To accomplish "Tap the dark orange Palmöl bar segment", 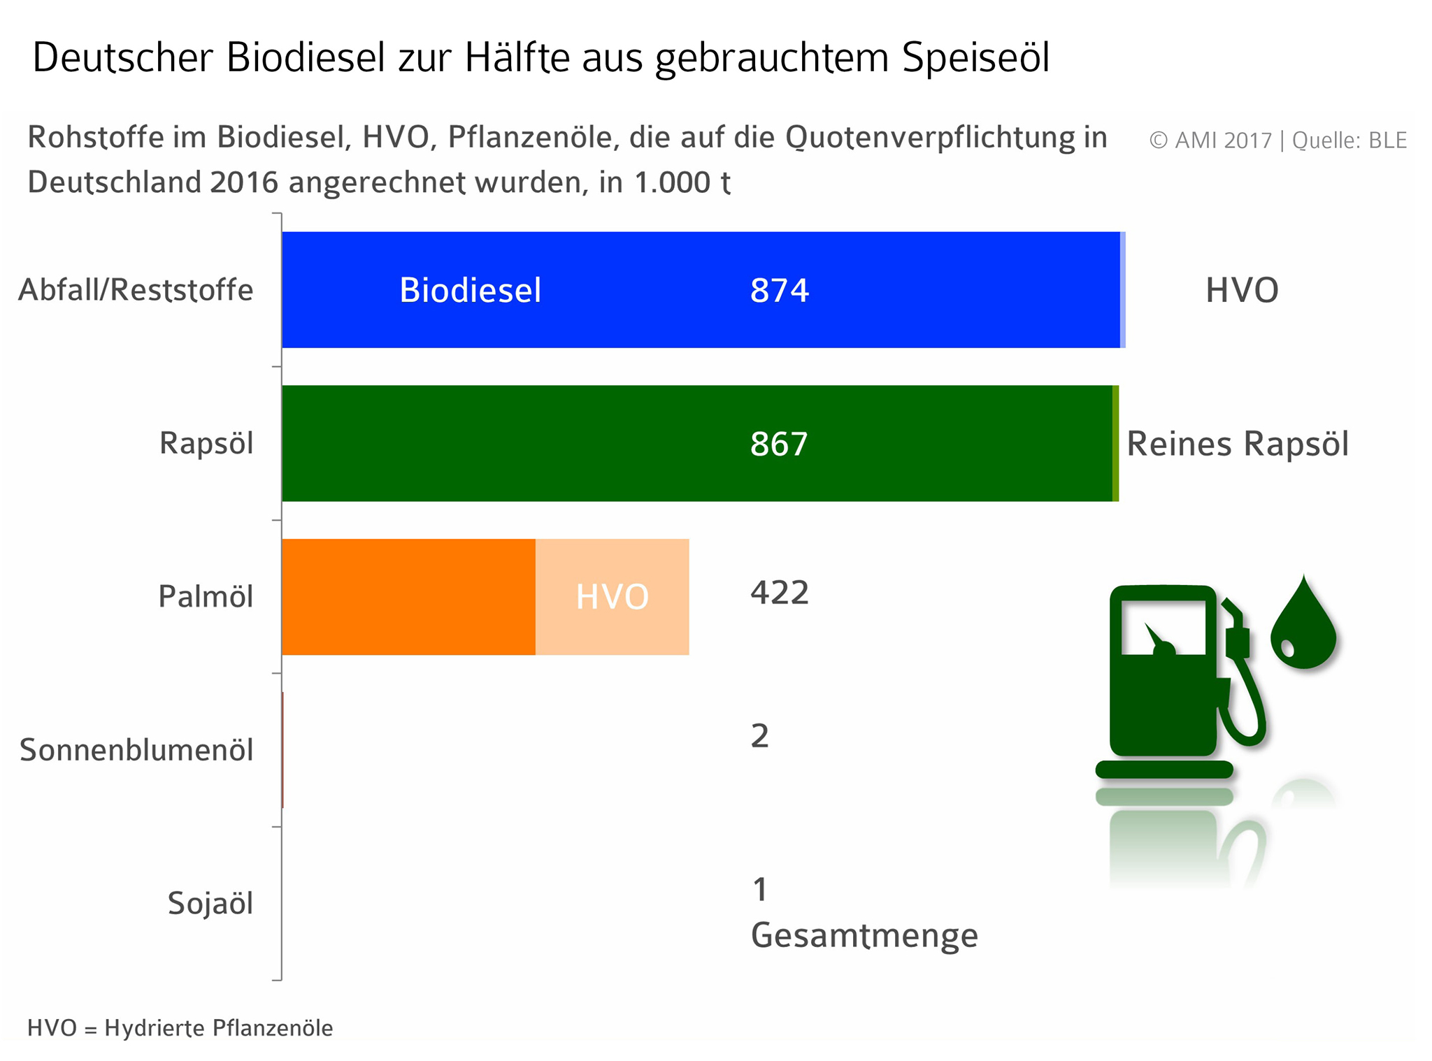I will coord(408,597).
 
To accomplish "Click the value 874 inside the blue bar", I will coord(779,290).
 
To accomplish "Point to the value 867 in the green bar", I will coord(779,444).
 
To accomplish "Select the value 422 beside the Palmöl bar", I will coord(780,593).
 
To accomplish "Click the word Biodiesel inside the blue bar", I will coord(470,290).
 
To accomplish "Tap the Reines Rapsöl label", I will coord(1237,444).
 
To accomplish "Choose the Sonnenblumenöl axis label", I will coord(136,750).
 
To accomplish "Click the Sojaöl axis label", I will coord(210,903).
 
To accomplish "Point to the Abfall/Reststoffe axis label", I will coord(136,290).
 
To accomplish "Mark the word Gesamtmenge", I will coord(864,935).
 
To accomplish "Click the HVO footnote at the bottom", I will coord(180,1028).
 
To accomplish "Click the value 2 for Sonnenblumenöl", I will coord(759,736).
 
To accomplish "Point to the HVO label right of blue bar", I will coord(1242,290).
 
